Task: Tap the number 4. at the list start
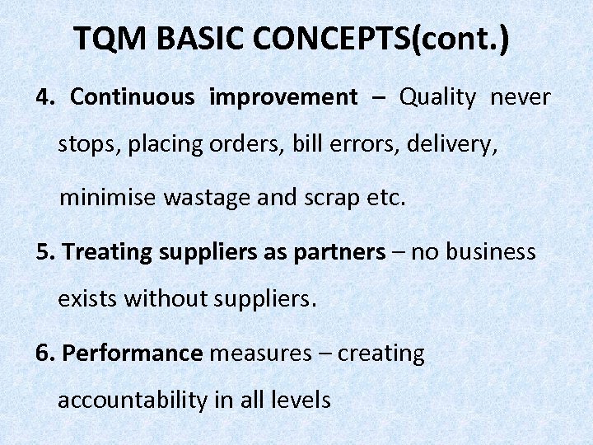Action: click(x=45, y=97)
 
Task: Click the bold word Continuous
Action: click(x=133, y=97)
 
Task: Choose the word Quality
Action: click(x=438, y=97)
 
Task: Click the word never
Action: click(x=521, y=97)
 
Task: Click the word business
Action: click(x=490, y=252)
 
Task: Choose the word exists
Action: click(x=88, y=299)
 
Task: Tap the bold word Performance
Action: click(x=132, y=354)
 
